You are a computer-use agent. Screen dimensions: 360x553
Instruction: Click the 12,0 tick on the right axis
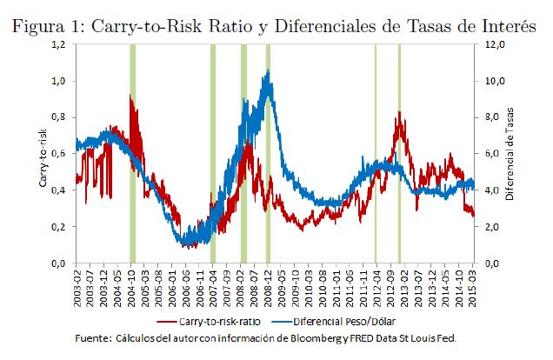pyautogui.click(x=493, y=44)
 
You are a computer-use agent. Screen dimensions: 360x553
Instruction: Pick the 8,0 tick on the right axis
pyautogui.click(x=491, y=117)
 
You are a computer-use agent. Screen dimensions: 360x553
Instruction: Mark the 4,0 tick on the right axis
pyautogui.click(x=491, y=190)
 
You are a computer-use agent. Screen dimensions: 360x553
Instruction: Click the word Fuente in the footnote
pyautogui.click(x=96, y=337)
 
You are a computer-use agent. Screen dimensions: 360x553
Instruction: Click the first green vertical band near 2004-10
pyautogui.click(x=132, y=153)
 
